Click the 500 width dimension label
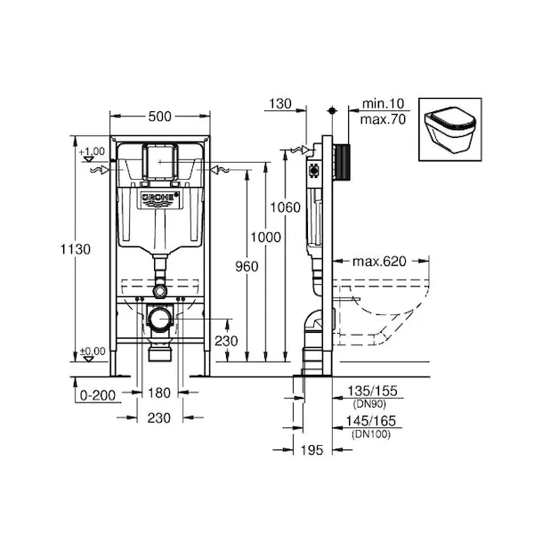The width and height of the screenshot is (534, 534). pos(159,117)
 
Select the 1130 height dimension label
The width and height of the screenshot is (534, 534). pos(76,249)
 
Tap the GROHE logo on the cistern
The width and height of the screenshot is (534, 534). pos(160,198)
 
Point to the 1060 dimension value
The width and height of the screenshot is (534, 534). pos(286,207)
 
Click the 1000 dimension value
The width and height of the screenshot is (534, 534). pos(265,237)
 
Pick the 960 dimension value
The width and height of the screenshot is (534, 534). pos(247,266)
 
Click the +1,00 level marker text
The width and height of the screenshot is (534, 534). pos(92,151)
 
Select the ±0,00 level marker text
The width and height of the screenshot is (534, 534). pos(93,351)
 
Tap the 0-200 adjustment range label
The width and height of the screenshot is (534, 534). pos(98,395)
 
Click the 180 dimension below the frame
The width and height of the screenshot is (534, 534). pos(159,393)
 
